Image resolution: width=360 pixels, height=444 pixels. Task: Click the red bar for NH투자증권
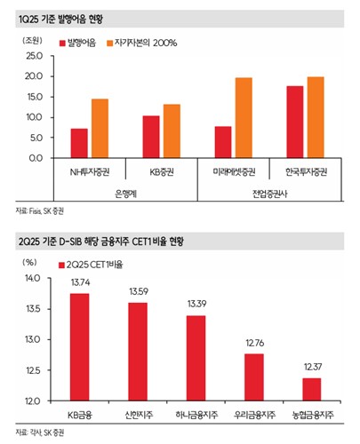[x=79, y=143]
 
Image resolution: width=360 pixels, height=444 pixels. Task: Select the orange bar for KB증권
[x=172, y=131]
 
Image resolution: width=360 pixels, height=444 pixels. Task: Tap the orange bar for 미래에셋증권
[x=244, y=118]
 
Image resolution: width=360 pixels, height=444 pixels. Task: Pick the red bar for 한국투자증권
[x=295, y=122]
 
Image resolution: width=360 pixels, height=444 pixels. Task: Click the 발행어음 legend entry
[x=77, y=44]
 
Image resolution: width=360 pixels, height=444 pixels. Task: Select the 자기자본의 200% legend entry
[x=142, y=44]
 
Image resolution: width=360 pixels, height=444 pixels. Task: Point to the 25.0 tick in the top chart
[x=35, y=56]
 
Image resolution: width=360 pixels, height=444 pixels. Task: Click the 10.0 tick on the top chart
[x=35, y=117]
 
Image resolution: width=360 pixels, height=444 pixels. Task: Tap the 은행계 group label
[x=125, y=194]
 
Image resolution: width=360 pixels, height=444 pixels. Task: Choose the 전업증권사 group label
[x=269, y=194]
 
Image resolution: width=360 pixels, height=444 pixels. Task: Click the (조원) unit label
[x=32, y=40]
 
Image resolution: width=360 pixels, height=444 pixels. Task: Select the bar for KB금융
[x=80, y=347]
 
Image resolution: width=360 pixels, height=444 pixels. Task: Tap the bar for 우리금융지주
[x=254, y=377]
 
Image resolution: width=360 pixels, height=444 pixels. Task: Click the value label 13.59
[x=139, y=292]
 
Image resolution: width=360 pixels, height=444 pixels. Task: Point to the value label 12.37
[x=313, y=367]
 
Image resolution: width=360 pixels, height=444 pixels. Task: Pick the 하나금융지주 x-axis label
[x=196, y=415]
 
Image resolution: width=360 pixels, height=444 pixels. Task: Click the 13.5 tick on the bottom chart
[x=33, y=309]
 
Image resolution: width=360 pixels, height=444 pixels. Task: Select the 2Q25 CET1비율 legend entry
[x=91, y=265]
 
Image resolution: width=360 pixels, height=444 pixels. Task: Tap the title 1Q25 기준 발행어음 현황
[x=60, y=20]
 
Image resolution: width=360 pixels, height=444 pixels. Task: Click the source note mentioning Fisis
[x=39, y=211]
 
